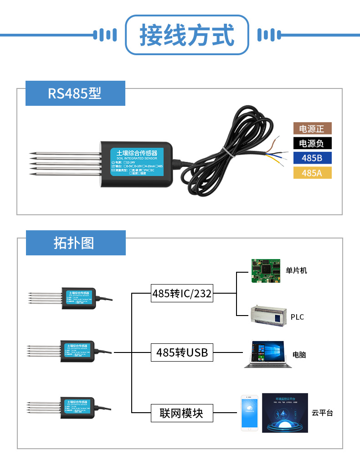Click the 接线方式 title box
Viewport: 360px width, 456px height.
187,35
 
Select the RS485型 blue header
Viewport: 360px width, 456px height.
75,93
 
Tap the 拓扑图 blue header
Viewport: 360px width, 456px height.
75,243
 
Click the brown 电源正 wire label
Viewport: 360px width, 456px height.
312,129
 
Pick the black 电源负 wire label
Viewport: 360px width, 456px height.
312,143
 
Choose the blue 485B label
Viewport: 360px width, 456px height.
312,158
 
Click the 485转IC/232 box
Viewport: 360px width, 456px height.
182,294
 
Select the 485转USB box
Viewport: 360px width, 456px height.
182,352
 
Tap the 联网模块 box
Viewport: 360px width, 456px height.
182,413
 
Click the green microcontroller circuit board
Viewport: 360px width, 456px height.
266,271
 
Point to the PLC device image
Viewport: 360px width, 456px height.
268,316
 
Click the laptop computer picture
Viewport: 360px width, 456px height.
267,354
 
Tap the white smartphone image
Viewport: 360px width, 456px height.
250,413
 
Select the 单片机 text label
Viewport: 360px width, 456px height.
297,270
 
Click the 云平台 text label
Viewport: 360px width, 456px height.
322,413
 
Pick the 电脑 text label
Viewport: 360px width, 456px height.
299,354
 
